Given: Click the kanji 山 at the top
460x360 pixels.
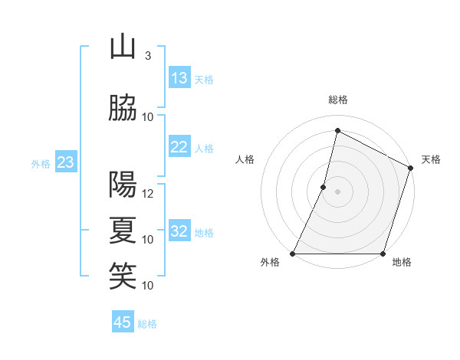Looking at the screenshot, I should tap(123, 47).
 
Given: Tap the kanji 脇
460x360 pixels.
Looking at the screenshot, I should tap(123, 109).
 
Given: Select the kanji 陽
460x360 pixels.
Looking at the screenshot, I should tap(123, 185).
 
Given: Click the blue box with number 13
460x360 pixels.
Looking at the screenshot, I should tap(179, 78).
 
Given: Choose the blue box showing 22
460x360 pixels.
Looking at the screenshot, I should tap(179, 147).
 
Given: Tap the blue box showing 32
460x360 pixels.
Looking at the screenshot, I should tap(179, 231).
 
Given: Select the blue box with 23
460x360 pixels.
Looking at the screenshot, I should tap(65, 162).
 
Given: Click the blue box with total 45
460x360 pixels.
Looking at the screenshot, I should tap(123, 322).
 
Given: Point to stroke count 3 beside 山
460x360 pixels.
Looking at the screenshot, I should tap(147, 56).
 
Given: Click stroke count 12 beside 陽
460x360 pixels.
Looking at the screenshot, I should tap(148, 193).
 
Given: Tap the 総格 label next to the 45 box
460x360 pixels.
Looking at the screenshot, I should tap(147, 324).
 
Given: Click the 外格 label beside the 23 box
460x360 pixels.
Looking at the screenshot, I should tap(41, 163).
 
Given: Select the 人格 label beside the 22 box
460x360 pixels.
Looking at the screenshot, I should tap(204, 149).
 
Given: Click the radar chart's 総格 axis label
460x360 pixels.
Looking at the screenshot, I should tap(337, 100).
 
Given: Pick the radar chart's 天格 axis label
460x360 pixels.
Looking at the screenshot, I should tap(432, 159).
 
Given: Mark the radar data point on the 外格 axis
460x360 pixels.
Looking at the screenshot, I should tap(293, 254).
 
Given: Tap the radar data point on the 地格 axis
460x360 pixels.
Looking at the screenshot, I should tap(383, 254).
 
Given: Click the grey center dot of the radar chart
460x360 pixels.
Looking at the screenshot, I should tap(337, 191).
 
